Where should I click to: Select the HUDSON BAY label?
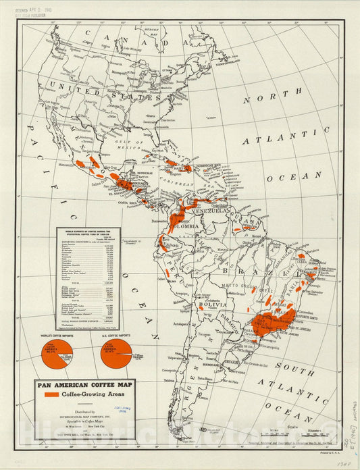(155, 30)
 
